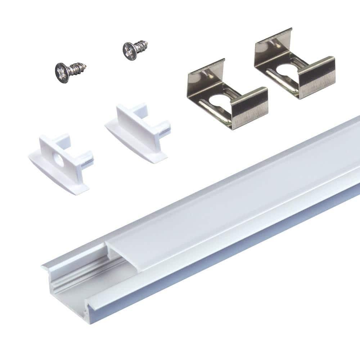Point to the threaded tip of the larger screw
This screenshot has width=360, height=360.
(x=84, y=66)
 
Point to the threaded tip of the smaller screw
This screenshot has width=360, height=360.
(x=145, y=45)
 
